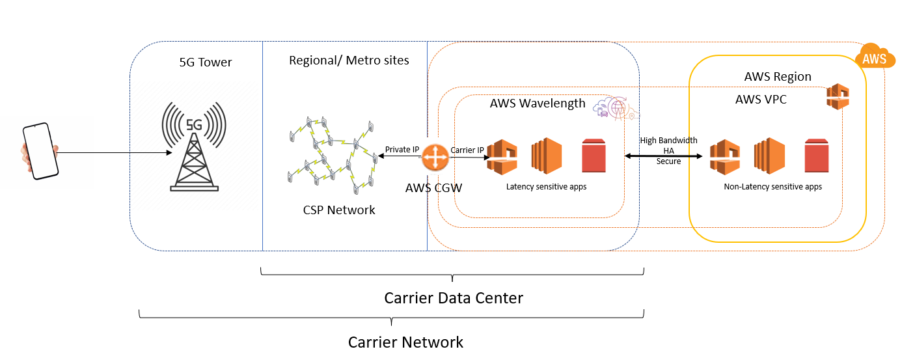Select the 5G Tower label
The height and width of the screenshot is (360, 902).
pyautogui.click(x=206, y=62)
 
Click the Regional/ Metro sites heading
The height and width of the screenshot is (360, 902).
pyautogui.click(x=349, y=61)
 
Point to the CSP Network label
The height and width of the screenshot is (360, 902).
pyautogui.click(x=339, y=210)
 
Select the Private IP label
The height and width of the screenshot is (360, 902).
pyautogui.click(x=402, y=150)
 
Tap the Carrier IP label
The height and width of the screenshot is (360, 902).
pyautogui.click(x=467, y=150)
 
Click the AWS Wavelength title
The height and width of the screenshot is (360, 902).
pyautogui.click(x=538, y=104)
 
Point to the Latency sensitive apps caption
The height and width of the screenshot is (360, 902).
pyautogui.click(x=546, y=187)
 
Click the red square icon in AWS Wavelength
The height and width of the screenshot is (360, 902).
pyautogui.click(x=594, y=157)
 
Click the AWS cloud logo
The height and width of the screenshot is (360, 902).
pyautogui.click(x=873, y=57)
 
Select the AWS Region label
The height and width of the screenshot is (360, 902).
pyautogui.click(x=778, y=77)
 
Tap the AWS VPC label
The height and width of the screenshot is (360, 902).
pyautogui.click(x=761, y=100)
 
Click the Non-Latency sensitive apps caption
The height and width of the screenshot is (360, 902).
pyautogui.click(x=772, y=187)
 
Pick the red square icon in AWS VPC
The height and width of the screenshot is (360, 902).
pyautogui.click(x=816, y=157)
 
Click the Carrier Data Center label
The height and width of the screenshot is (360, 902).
pyautogui.click(x=454, y=298)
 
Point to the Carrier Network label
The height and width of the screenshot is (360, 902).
pyautogui.click(x=405, y=342)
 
